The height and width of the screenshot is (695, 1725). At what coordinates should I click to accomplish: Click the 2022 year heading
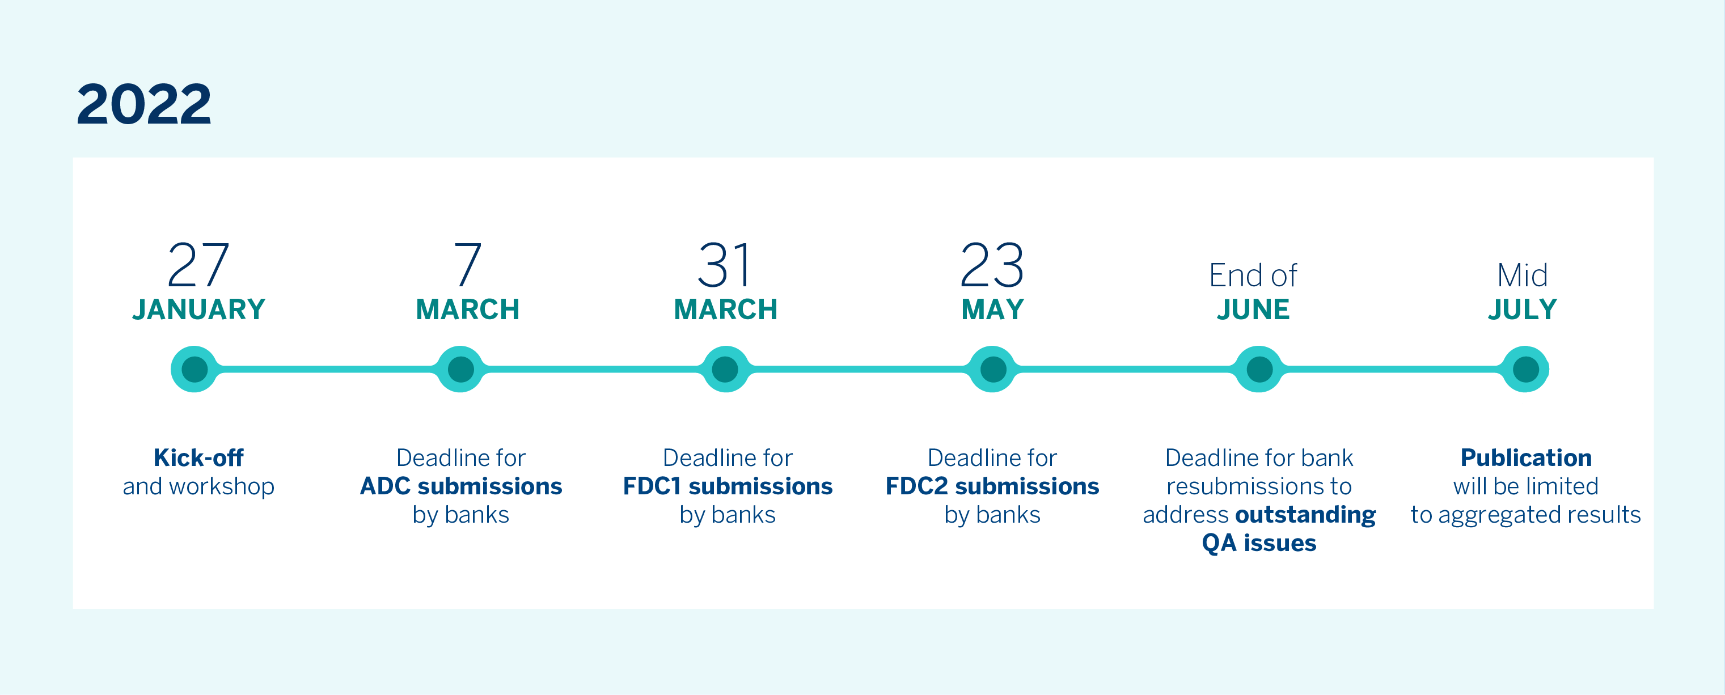point(144,104)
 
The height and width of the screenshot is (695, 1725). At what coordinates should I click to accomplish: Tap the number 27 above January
point(198,265)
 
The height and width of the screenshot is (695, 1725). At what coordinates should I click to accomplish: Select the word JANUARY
point(199,310)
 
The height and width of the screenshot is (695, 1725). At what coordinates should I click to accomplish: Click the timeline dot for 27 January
point(194,369)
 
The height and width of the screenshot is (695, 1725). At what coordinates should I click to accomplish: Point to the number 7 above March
point(467,265)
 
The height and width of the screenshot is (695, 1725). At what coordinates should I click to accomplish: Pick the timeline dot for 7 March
point(460,369)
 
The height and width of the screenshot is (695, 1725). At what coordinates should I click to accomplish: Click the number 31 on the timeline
point(725,265)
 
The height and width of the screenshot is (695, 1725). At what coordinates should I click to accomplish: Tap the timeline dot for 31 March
point(725,369)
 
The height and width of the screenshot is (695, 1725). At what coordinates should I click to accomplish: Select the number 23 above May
point(992,265)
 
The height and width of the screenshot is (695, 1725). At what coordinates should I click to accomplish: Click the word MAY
point(992,310)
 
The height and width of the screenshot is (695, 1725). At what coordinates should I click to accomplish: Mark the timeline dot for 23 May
point(992,369)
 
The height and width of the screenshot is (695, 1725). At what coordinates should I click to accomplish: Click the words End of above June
point(1253,275)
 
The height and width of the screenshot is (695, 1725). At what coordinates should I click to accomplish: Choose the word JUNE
point(1253,310)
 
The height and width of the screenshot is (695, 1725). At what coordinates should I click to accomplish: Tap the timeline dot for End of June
point(1259,369)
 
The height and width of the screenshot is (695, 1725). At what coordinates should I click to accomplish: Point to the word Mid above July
point(1522,275)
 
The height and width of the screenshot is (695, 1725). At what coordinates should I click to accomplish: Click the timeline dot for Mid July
point(1525,369)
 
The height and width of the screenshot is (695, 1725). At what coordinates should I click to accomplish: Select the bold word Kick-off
point(199,457)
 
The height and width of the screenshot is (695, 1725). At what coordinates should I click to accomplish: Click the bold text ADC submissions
point(460,486)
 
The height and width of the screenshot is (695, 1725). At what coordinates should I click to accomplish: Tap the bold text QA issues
point(1259,543)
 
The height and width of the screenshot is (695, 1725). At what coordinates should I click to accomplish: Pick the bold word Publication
point(1526,457)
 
